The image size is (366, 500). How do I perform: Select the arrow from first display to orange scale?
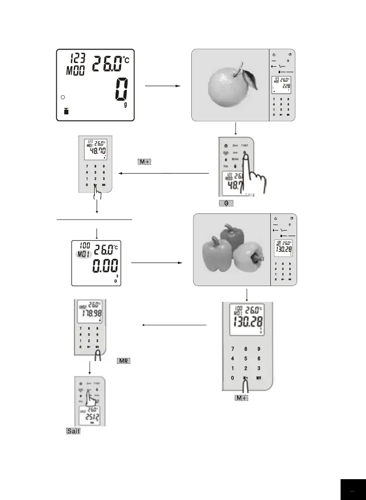pyautogui.click(x=161, y=86)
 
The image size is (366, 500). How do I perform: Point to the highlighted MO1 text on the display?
pyautogui.click(x=83, y=253)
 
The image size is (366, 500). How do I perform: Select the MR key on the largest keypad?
pyautogui.click(x=259, y=378)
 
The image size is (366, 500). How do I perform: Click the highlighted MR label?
pyautogui.click(x=122, y=361)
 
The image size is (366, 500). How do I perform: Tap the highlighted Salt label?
pyautogui.click(x=73, y=431)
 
